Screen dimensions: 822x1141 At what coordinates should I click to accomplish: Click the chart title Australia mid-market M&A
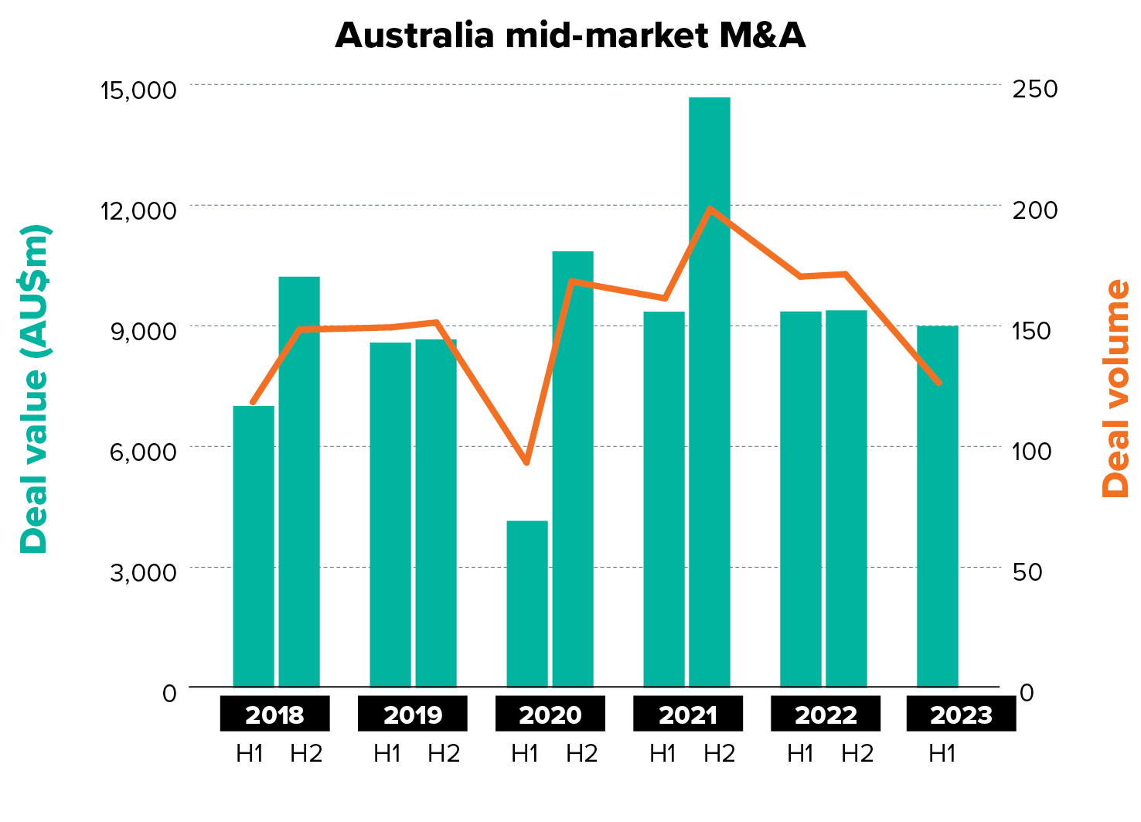[570, 36]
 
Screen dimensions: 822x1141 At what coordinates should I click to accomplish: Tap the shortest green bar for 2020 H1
[527, 603]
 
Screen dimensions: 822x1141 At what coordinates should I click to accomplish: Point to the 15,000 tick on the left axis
[138, 90]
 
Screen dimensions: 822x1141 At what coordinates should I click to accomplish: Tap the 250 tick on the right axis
[1035, 88]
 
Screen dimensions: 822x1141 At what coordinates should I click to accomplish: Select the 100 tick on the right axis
[1032, 450]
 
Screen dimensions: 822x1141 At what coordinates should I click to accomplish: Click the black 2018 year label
[274, 714]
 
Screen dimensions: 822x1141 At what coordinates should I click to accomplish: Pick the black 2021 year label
[688, 714]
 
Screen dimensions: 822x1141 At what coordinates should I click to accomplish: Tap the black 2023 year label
[961, 714]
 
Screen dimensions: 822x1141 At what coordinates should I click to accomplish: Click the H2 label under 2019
[444, 753]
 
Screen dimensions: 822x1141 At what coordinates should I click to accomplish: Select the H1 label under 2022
[800, 753]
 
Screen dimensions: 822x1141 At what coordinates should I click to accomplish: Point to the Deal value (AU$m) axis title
[35, 389]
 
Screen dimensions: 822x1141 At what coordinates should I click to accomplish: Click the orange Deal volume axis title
[1116, 389]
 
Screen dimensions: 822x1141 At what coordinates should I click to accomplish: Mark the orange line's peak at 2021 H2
[710, 208]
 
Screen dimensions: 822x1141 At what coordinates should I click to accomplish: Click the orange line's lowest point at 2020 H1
[526, 462]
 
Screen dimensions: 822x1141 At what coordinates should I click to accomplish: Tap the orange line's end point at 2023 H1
[939, 383]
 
